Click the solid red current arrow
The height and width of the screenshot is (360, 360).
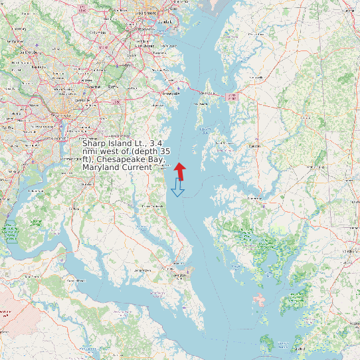[x=180, y=170]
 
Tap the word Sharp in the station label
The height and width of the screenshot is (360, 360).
[x=95, y=143]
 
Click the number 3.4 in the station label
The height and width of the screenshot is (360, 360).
[x=156, y=143]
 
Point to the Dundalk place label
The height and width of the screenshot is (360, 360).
[x=165, y=22]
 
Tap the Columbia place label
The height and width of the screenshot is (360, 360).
[x=98, y=31]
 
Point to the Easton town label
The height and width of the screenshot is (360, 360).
[x=254, y=145]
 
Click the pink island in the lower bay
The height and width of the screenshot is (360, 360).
[x=260, y=300]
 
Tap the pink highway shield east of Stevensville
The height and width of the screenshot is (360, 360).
[x=231, y=97]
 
